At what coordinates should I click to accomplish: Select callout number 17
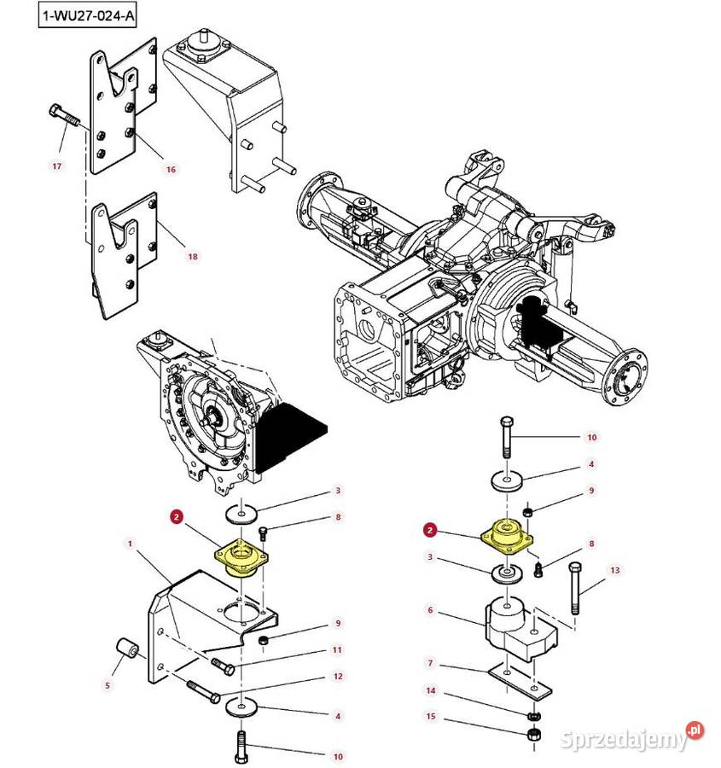[x=57, y=166]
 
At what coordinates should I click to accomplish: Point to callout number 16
[x=171, y=170]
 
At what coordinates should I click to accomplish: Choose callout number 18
[x=192, y=257]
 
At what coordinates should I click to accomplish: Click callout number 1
[x=130, y=543]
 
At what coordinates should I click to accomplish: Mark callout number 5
[x=107, y=684]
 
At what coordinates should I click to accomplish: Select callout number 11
[x=337, y=650]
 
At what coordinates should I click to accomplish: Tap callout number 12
[x=338, y=677]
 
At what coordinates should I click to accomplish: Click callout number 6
[x=431, y=610]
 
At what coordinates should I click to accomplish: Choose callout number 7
[x=431, y=663]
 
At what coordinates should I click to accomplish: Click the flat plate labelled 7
[x=515, y=678]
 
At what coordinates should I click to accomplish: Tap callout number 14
[x=431, y=690]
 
